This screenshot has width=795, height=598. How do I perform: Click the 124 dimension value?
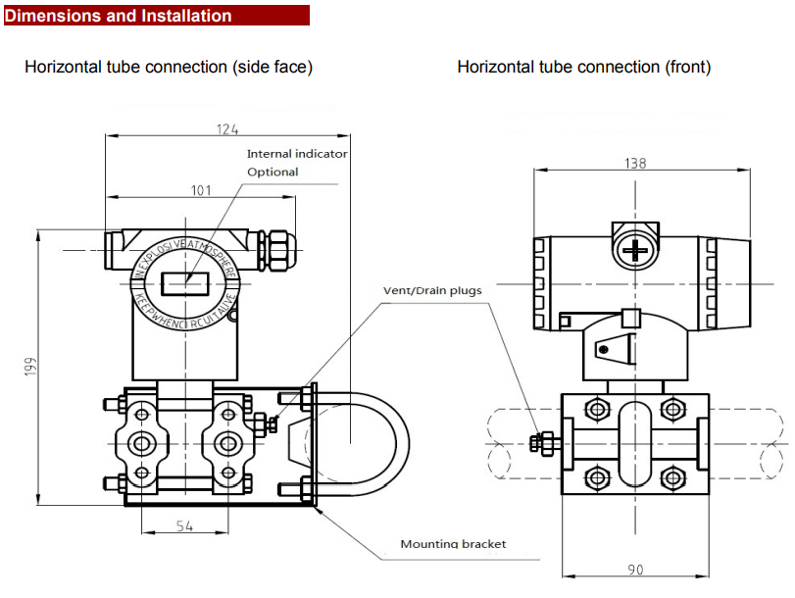[x=227, y=129]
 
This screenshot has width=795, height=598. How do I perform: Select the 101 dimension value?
[x=201, y=190]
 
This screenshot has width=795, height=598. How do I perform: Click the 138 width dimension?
[x=635, y=164]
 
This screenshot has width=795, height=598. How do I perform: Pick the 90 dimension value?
[x=634, y=569]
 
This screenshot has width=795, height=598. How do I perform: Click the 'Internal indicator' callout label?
[x=297, y=154]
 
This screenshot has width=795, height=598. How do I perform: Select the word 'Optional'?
[x=273, y=173]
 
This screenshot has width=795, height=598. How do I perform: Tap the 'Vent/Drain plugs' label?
[x=431, y=290]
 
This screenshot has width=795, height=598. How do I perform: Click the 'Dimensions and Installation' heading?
[x=119, y=16]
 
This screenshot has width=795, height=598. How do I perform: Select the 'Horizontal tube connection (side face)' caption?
[x=169, y=67]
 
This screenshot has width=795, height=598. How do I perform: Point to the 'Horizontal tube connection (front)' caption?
[x=584, y=67]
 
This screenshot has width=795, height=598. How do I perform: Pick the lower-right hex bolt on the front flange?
[x=671, y=477]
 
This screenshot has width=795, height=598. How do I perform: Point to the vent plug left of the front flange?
[x=540, y=443]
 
